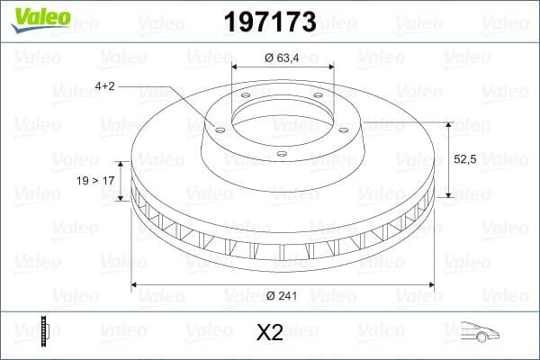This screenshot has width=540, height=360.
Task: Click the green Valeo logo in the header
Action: point(39,17)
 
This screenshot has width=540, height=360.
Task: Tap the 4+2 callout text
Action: point(106,86)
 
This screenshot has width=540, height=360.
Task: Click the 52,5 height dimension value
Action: point(464,159)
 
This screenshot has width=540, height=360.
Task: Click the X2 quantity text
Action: point(270,333)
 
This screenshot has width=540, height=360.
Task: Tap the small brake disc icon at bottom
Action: point(42,331)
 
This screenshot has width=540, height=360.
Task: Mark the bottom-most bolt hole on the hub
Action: point(281,154)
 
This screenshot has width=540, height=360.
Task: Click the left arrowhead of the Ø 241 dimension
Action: point(135,286)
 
